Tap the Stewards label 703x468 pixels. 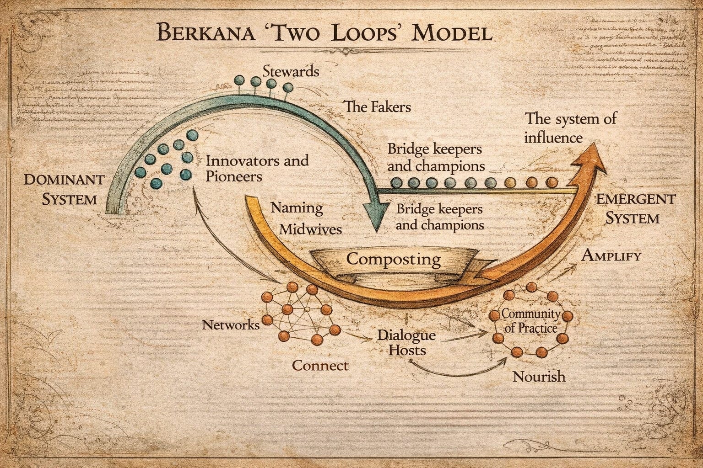(291, 72)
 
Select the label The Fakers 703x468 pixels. (377, 107)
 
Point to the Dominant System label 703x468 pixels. (64, 189)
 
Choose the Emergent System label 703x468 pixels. (635, 208)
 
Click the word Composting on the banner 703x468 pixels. (393, 259)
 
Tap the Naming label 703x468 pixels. (297, 208)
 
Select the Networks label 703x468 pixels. (231, 325)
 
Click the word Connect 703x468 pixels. (320, 366)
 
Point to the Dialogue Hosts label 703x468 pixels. (406, 342)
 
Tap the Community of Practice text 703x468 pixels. (531, 321)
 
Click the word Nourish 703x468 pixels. (539, 377)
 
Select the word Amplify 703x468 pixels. (611, 256)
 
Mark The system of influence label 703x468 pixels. (570, 128)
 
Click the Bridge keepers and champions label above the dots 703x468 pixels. (435, 157)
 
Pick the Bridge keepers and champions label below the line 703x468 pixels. (439, 217)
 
